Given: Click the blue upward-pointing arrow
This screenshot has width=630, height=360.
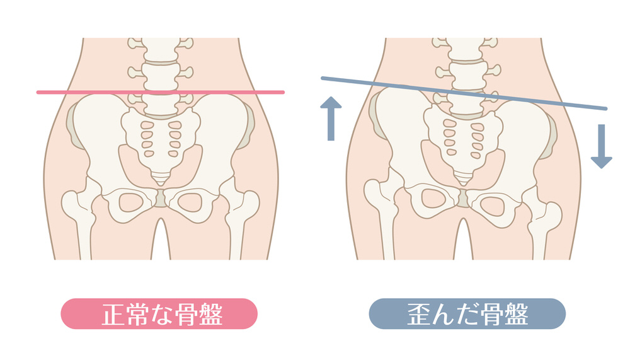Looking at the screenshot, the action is tap(331, 119).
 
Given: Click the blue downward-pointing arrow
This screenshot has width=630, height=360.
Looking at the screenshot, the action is tap(602, 146).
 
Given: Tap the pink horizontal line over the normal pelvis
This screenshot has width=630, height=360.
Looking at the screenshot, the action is tap(161, 93).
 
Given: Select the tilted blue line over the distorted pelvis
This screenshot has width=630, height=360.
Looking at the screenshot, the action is tap(464, 93).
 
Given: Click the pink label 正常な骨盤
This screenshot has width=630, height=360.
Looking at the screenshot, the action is tap(159, 314).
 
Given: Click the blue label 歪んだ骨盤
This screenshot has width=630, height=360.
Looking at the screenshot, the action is tap(467, 314).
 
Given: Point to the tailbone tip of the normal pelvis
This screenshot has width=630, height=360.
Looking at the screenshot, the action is tap(161, 183).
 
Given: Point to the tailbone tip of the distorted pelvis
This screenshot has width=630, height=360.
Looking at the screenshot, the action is tap(463, 182).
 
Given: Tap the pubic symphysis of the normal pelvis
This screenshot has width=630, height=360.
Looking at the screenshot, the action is tap(161, 199).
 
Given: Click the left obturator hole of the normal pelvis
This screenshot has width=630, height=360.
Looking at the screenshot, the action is tap(131, 202).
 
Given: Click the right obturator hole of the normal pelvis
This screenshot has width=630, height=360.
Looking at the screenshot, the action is tap(190, 202).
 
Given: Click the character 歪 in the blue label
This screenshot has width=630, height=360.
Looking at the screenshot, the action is tap(419, 314).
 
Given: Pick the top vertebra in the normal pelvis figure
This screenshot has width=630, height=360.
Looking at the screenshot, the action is tap(161, 49).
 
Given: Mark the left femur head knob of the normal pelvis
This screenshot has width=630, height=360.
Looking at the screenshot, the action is tap(72, 204).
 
